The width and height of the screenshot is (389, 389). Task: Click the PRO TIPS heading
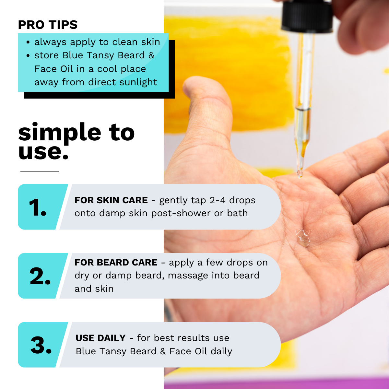(x=48, y=25)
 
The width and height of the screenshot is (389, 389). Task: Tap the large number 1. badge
(x=38, y=207)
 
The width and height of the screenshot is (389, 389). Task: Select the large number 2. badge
(x=40, y=276)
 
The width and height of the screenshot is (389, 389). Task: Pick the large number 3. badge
(x=41, y=345)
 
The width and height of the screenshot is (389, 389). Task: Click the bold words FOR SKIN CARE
(x=111, y=200)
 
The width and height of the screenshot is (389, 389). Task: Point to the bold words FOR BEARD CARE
(x=116, y=263)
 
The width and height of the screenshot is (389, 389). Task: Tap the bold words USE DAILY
(x=100, y=338)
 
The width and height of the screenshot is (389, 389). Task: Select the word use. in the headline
(x=43, y=152)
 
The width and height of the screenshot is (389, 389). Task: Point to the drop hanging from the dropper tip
(x=300, y=174)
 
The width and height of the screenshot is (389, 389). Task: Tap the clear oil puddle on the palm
(x=302, y=238)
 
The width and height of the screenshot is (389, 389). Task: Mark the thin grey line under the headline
(x=40, y=171)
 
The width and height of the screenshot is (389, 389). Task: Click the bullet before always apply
(x=28, y=42)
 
